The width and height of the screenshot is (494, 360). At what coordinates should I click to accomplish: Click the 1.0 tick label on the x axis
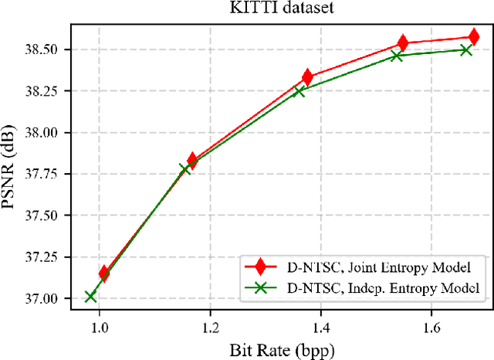tap(99, 327)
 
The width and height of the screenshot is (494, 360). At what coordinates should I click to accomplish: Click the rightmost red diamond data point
tap(473, 36)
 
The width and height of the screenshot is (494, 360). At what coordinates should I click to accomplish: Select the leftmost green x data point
tap(90, 296)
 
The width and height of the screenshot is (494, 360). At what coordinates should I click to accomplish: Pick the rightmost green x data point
tap(466, 50)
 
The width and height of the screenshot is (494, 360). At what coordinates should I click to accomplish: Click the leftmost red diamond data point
tap(103, 273)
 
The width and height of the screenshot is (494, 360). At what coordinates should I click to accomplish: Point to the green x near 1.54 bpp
tap(397, 56)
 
